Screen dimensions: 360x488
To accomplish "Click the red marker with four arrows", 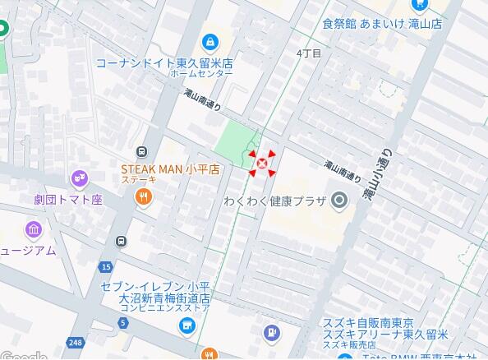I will [262, 164].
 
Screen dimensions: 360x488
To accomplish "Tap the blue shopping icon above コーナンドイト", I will [210, 41].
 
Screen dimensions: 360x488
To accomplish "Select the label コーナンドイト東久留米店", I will [163, 62].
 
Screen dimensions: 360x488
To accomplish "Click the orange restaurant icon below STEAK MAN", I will [144, 197].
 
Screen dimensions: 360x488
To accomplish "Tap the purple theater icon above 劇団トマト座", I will [79, 177].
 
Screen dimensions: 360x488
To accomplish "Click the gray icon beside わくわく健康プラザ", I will [338, 201].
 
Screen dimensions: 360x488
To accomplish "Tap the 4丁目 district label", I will [309, 53].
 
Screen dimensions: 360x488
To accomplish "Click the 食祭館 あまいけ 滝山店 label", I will [382, 24].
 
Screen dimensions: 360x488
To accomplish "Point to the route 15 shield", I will [106, 267].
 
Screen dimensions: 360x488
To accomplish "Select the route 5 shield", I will [122, 323].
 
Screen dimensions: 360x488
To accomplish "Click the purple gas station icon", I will [270, 333].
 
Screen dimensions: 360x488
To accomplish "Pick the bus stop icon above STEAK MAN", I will [142, 152].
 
